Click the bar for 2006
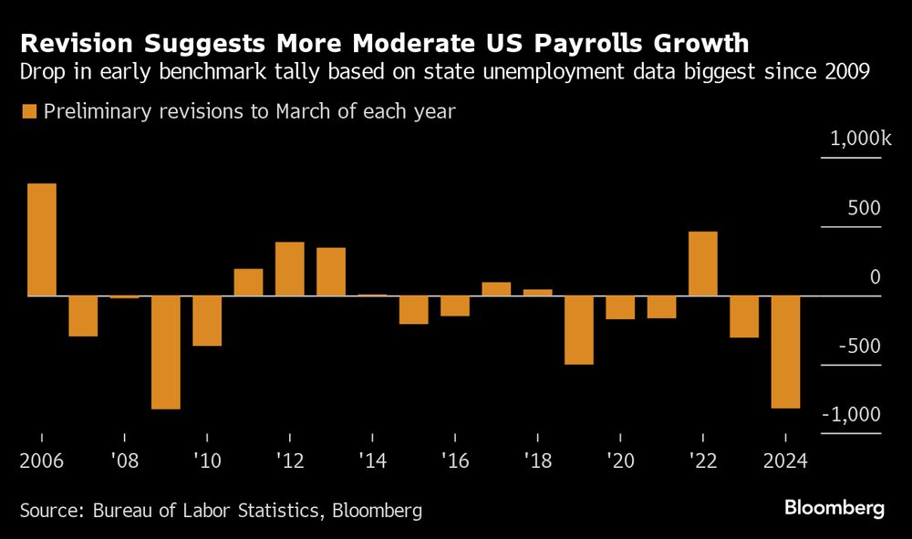click(42, 240)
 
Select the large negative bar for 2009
click(165, 352)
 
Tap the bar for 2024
click(785, 352)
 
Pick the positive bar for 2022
click(702, 264)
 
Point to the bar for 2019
click(578, 330)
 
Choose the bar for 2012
click(289, 269)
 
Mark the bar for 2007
click(83, 316)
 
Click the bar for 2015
click(413, 310)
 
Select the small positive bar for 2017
click(496, 289)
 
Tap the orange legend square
click(27, 112)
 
